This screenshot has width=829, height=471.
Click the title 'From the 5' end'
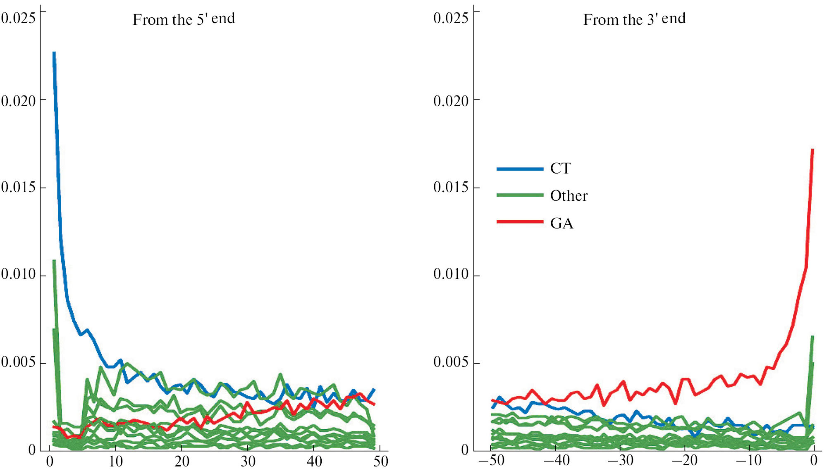pyautogui.click(x=184, y=19)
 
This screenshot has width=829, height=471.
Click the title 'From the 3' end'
pyautogui.click(x=634, y=19)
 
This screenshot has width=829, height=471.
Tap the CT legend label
pyautogui.click(x=560, y=169)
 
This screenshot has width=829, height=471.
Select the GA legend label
pyautogui.click(x=561, y=224)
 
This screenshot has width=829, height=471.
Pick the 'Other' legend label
pyautogui.click(x=569, y=196)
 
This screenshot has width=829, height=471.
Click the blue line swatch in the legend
pyautogui.click(x=520, y=169)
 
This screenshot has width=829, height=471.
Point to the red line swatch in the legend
pyautogui.click(x=520, y=222)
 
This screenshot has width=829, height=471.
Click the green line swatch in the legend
pyautogui.click(x=520, y=195)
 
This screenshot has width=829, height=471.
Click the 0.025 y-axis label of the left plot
pyautogui.click(x=18, y=18)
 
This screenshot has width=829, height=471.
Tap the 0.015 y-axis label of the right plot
pyautogui.click(x=451, y=187)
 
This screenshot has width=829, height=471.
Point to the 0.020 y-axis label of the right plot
pyautogui.click(x=451, y=100)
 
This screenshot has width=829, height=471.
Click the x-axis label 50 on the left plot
pyautogui.click(x=380, y=461)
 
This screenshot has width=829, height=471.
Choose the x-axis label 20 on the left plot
pyautogui.click(x=182, y=461)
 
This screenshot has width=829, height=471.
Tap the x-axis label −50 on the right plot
pyautogui.click(x=491, y=460)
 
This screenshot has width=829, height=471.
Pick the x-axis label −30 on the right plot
pyautogui.click(x=620, y=460)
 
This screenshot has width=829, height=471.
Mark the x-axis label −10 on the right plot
pyautogui.click(x=749, y=460)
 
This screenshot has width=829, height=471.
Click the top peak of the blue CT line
pyautogui.click(x=54, y=53)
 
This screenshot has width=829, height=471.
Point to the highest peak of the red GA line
pyautogui.click(x=812, y=150)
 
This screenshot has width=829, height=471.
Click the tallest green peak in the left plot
pyautogui.click(x=54, y=261)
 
